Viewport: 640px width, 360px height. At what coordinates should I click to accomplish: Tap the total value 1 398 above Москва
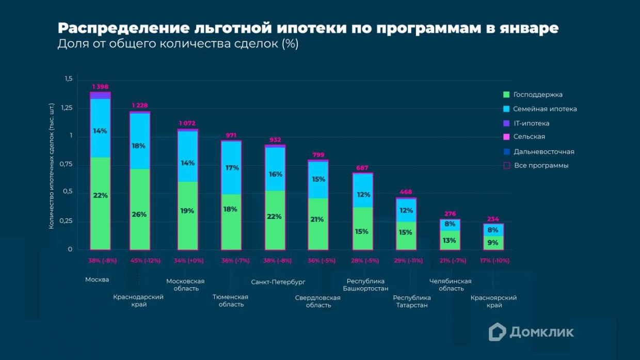tap(100, 87)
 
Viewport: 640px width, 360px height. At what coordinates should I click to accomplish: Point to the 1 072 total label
tap(188, 123)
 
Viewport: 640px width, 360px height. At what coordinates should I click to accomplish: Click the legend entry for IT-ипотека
tap(531, 123)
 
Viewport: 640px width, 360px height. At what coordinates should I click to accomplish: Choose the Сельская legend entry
tap(529, 137)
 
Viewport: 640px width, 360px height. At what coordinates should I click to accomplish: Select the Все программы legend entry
tap(541, 166)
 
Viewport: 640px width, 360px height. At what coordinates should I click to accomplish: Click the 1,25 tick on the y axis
tap(68, 108)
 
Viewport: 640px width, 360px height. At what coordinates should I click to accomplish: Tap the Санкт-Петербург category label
tap(278, 283)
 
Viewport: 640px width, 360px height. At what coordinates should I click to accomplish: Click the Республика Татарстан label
tap(412, 301)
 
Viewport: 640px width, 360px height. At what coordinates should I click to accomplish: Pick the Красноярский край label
tap(493, 301)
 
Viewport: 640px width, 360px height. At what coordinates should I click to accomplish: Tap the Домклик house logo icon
tap(497, 332)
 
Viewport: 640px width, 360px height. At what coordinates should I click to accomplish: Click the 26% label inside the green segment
tap(139, 214)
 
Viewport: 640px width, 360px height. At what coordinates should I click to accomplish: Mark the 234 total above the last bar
tap(493, 219)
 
